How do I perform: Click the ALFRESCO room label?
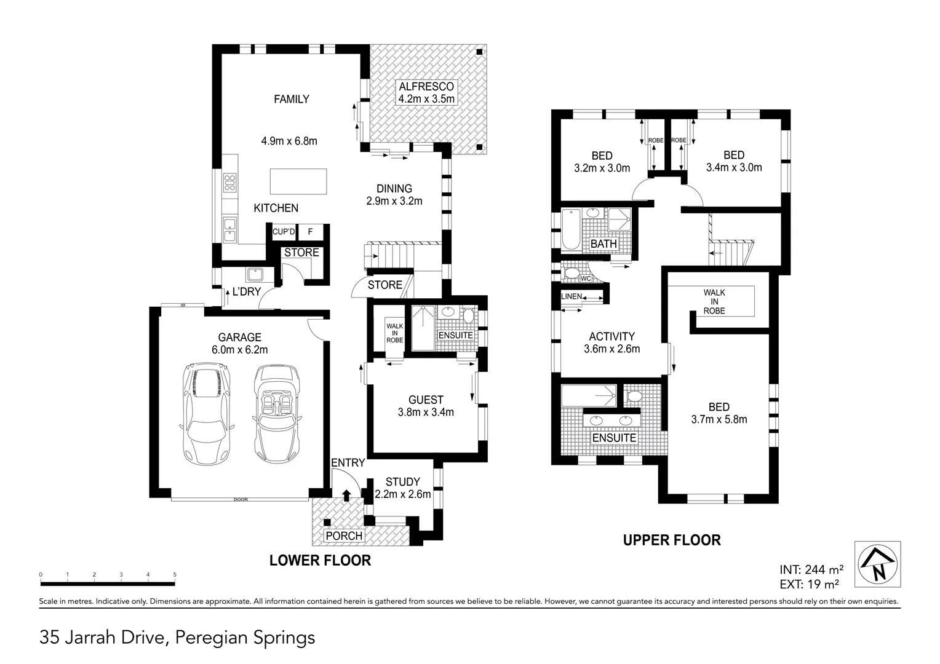(426, 87)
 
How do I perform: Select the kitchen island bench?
(298, 181)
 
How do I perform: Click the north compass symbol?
(878, 564)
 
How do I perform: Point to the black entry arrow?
(346, 494)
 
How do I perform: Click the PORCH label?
(344, 536)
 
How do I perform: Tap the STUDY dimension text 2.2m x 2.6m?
(402, 494)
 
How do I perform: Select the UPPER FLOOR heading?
(672, 540)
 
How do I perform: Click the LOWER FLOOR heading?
(320, 560)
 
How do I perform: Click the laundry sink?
(254, 274)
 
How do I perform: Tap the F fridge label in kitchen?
(310, 232)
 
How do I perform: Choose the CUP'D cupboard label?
(284, 232)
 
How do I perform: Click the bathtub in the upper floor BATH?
(570, 229)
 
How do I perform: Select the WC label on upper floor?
(586, 279)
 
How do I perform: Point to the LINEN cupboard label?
(572, 296)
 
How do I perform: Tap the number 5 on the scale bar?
(175, 575)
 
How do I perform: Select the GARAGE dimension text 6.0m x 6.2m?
(240, 350)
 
